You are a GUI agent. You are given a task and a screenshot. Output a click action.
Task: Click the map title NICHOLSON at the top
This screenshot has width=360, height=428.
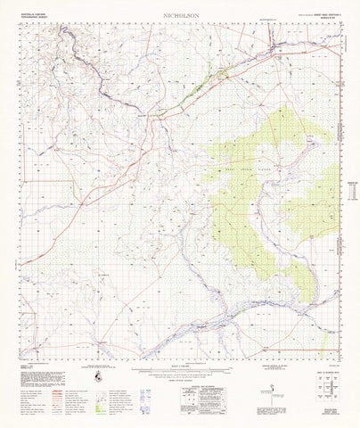(x=179, y=16)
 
